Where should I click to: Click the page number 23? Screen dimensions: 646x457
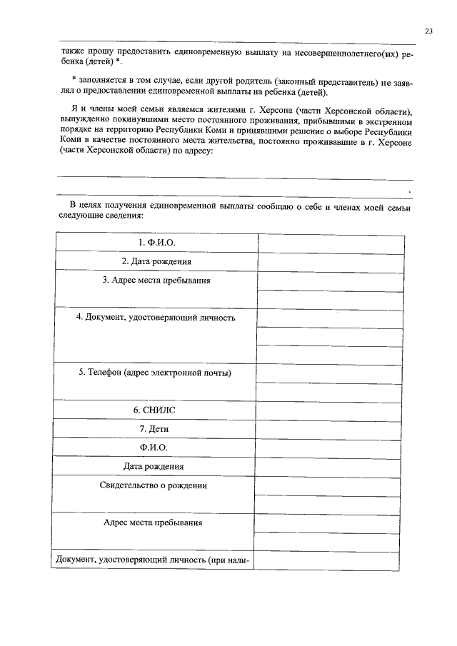(x=428, y=31)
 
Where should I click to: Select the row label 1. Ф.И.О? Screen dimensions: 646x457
(x=156, y=243)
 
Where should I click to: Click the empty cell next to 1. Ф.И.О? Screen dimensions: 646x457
(x=328, y=243)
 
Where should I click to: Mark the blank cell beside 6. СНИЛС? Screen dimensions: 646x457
(x=328, y=410)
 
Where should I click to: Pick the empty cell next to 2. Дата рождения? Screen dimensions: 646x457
(x=328, y=262)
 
